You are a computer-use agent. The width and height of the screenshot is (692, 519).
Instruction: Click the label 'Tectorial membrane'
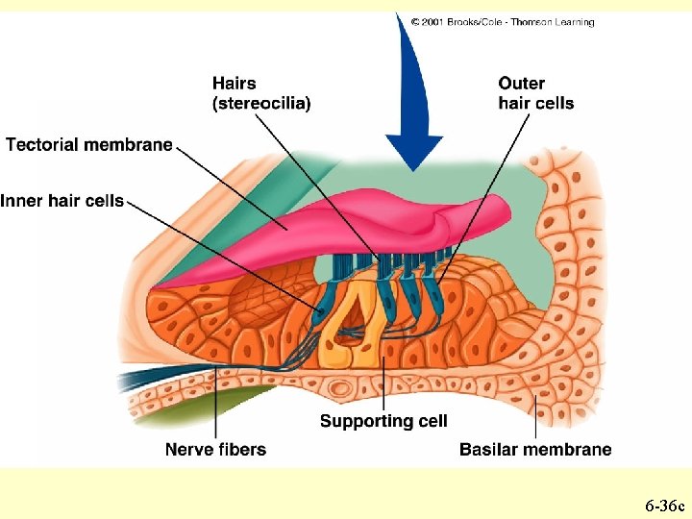89,145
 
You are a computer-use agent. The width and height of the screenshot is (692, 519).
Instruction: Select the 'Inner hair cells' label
62,201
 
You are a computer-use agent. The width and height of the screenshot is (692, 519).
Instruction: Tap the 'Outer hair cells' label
536,93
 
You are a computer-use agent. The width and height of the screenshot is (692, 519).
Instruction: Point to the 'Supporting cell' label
383,421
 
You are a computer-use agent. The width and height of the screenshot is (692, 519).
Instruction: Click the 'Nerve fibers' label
215,449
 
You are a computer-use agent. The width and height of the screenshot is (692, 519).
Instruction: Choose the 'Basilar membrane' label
535,449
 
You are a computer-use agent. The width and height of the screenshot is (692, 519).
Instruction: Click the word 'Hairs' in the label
234,84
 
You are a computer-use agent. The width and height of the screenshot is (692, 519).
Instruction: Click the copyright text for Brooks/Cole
503,22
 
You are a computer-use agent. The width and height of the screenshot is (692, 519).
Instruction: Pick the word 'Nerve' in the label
188,449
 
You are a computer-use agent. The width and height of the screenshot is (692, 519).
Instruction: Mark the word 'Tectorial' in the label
43,145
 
